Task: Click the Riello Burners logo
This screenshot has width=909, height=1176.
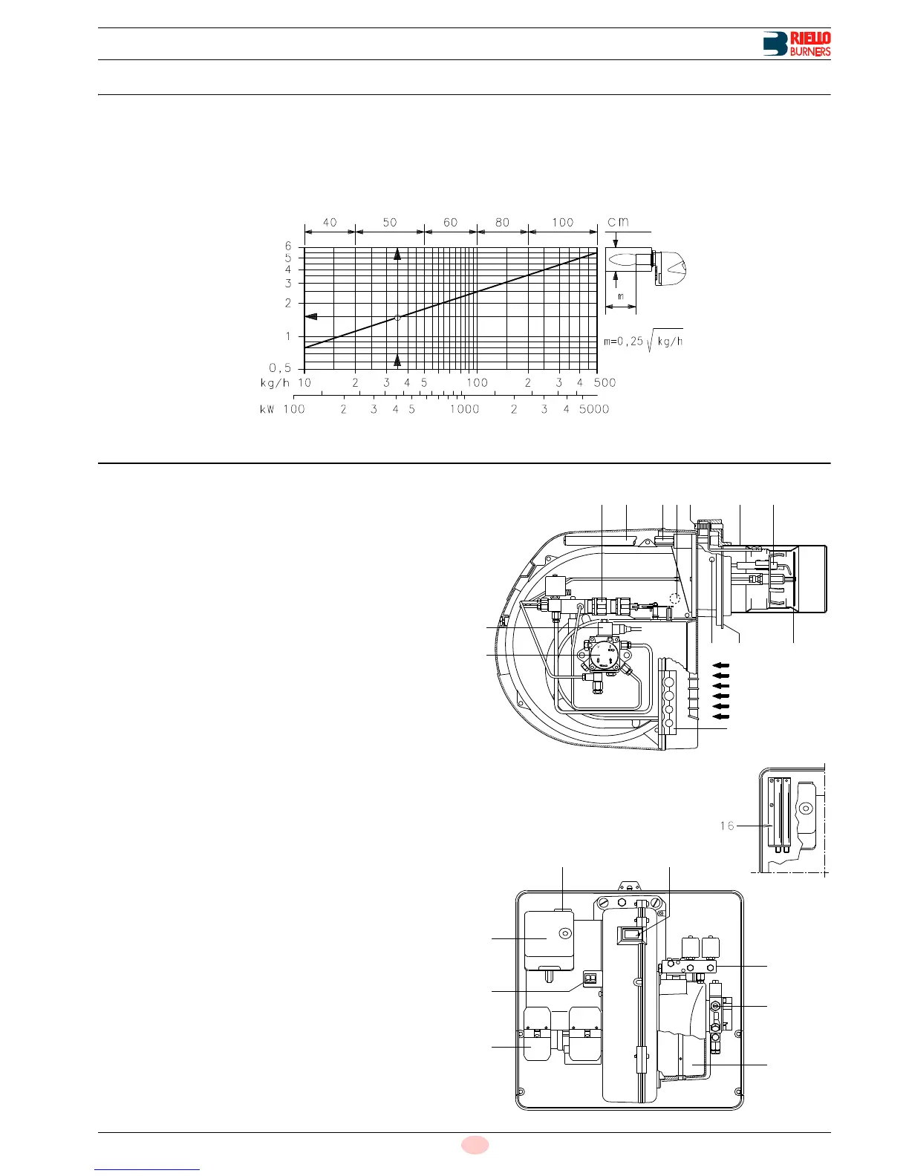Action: [796, 44]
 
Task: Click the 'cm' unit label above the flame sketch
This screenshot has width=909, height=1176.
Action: [619, 222]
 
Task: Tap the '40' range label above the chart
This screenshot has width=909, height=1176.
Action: [330, 223]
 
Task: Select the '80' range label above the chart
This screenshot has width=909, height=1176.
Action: [503, 223]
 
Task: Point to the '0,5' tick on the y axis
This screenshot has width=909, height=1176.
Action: [280, 368]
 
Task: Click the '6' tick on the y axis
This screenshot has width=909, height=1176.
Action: [288, 246]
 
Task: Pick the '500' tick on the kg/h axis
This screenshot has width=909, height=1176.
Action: [605, 382]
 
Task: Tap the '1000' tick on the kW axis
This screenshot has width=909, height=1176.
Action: [464, 409]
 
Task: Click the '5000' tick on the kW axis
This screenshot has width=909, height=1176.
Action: [594, 409]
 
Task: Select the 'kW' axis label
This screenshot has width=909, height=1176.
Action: [267, 409]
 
